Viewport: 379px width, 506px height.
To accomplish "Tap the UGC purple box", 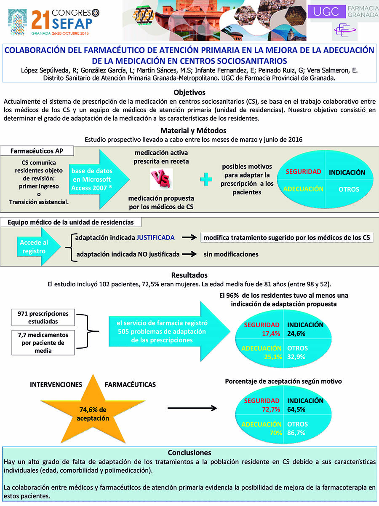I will click(x=327, y=11).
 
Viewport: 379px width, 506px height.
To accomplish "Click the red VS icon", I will click(x=161, y=179).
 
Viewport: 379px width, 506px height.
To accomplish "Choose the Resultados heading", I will click(x=189, y=275).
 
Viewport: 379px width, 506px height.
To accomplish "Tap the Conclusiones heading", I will click(x=189, y=453).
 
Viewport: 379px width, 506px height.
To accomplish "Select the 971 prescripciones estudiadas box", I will click(x=43, y=317).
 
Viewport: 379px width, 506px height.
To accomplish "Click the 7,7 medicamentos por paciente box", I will click(x=43, y=342).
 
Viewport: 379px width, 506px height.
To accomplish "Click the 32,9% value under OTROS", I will click(x=296, y=357).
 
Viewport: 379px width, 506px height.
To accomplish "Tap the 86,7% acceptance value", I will click(x=296, y=433).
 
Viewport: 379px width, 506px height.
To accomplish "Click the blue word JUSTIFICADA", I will click(x=155, y=238).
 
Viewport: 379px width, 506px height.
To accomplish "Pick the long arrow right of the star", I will click(x=192, y=408).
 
